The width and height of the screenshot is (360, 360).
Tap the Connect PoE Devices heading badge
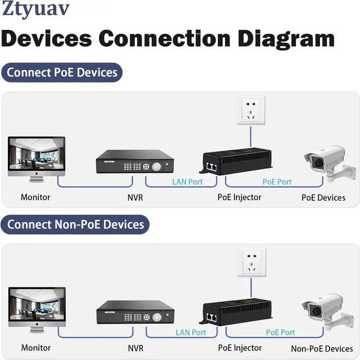coord(62,73)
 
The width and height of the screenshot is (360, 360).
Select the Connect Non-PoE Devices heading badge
coord(75,224)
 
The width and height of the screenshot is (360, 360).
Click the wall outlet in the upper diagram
coord(250,111)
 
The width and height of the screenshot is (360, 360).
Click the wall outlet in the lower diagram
coord(250,262)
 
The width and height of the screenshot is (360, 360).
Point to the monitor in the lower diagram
coord(37,309)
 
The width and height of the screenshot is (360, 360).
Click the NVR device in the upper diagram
coord(135,162)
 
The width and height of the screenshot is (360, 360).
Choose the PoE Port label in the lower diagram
coord(280,332)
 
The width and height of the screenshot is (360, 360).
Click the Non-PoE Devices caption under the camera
coord(322,349)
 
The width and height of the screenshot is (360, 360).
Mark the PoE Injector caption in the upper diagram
coord(240,197)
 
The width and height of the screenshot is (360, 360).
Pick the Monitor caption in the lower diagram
coord(36,348)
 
